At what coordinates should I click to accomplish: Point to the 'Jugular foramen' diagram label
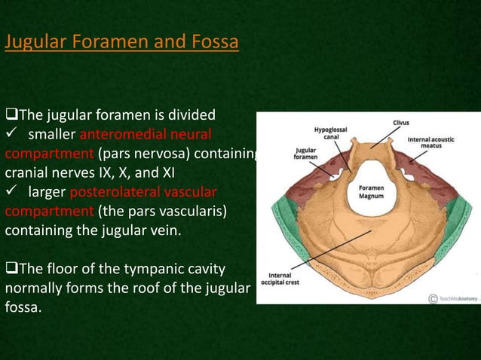click(305, 154)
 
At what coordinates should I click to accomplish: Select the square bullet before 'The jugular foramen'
click(11, 116)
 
